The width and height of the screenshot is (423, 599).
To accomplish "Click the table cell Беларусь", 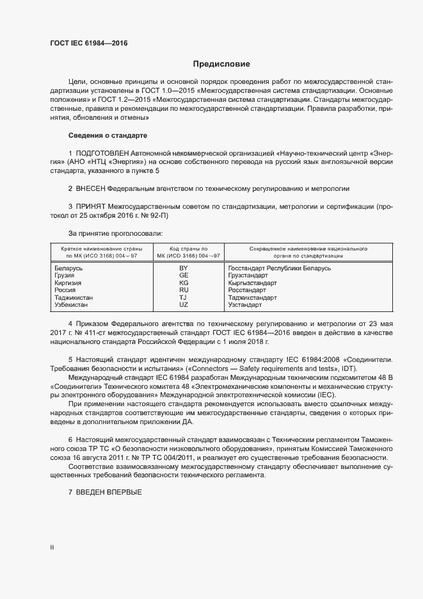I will [68, 268].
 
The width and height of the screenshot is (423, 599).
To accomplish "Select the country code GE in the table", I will [184, 275].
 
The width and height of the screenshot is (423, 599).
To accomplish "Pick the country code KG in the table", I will [184, 283].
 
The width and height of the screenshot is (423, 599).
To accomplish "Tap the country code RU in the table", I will [184, 290].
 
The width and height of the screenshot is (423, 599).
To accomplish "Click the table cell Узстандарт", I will [244, 306].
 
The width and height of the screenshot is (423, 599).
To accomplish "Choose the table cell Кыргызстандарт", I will [252, 283].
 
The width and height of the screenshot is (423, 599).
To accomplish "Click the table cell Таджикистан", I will [74, 298].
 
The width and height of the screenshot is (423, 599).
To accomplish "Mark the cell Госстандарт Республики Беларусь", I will [279, 268].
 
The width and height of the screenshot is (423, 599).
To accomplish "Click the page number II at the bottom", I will [52, 548].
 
